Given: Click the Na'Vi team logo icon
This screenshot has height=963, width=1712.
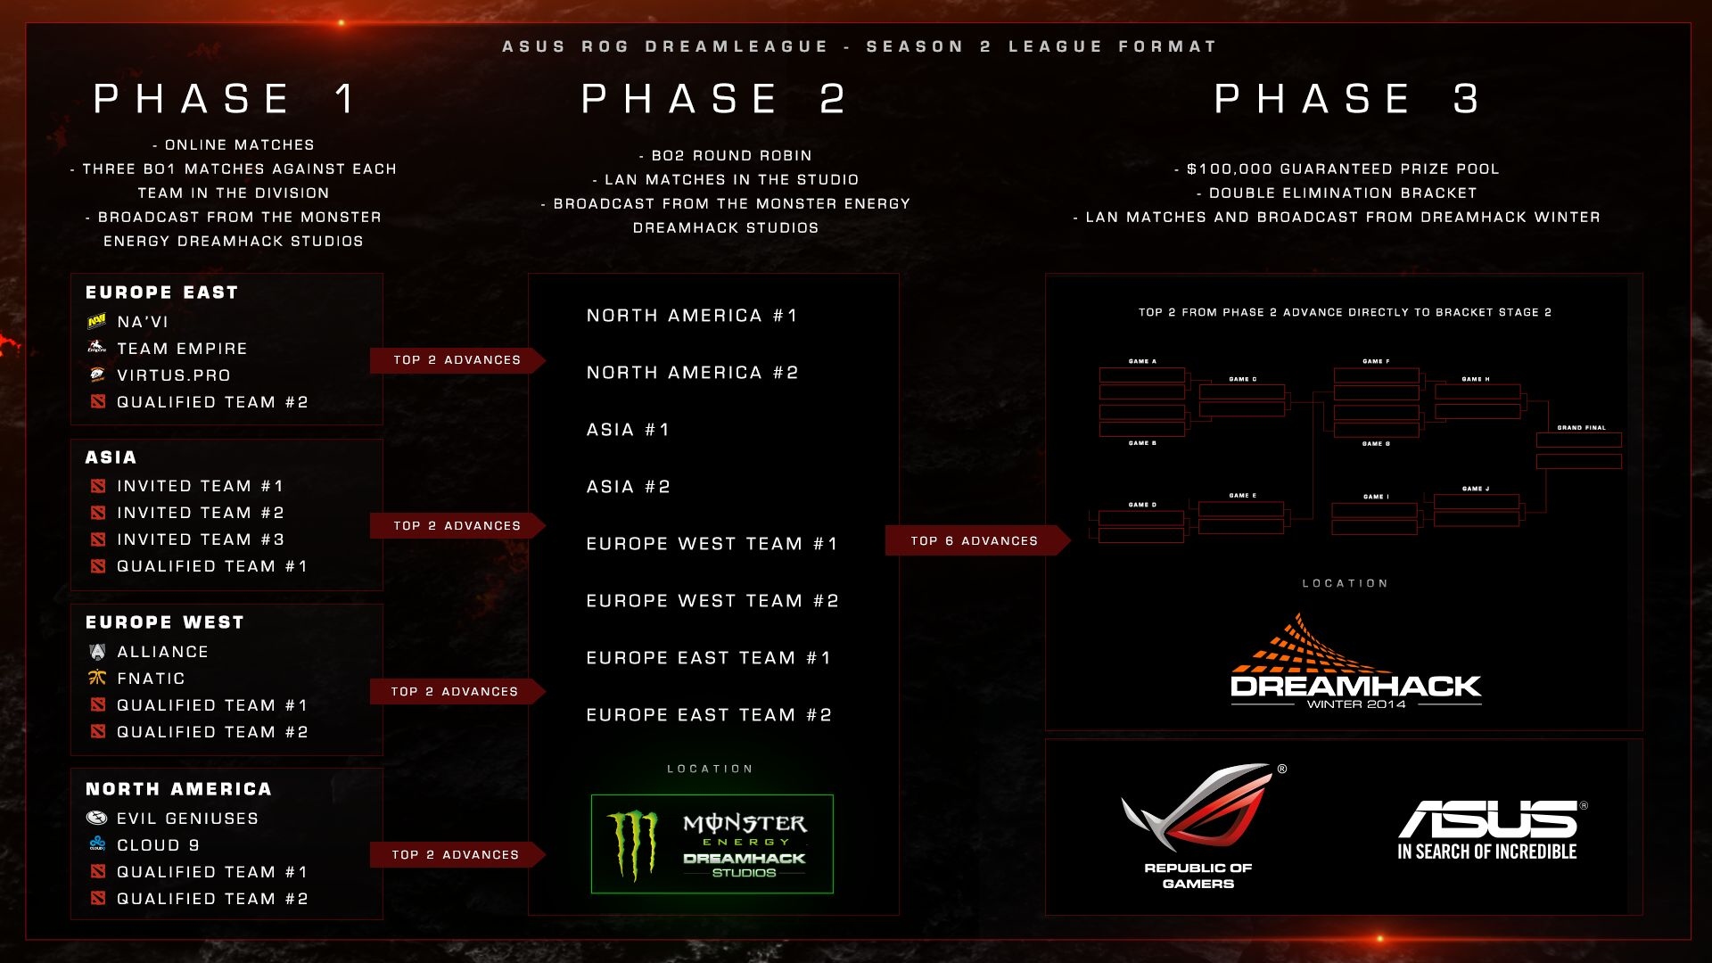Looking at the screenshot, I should click(97, 322).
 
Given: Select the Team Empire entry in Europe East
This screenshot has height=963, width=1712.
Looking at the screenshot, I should click(181, 349).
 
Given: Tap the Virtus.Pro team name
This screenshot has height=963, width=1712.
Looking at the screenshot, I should click(174, 375).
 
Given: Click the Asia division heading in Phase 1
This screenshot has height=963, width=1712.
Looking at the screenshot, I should click(111, 457).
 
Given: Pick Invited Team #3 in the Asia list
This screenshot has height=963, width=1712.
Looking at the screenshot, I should click(200, 539).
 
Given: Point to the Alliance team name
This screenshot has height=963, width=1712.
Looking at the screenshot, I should click(162, 652).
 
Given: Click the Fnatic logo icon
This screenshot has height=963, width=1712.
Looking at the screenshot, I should click(97, 679).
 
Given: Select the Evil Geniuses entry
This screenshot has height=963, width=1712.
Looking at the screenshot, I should click(187, 819).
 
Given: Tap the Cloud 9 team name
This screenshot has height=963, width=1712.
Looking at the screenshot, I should click(158, 845).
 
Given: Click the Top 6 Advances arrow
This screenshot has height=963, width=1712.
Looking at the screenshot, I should click(975, 540).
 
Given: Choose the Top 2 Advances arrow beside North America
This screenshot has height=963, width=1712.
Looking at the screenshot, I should click(456, 854).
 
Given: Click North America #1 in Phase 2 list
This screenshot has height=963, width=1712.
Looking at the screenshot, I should click(692, 316).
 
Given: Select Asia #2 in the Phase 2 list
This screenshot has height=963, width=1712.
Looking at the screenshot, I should click(628, 487).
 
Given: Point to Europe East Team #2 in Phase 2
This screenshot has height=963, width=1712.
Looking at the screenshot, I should click(709, 715).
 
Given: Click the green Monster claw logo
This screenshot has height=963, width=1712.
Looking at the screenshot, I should click(633, 844).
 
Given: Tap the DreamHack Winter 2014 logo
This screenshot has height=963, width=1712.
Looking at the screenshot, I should click(1355, 664).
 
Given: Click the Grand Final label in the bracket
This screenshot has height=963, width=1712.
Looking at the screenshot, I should click(1581, 428).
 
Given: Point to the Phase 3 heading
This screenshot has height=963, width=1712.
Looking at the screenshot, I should click(1347, 99).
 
